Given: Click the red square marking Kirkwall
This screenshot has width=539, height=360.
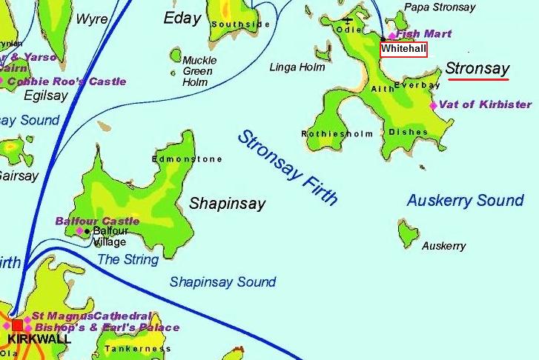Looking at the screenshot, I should click(17, 325).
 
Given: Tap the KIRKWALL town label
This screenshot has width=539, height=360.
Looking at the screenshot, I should click(39, 339).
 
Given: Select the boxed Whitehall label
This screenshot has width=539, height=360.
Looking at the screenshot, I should click(403, 49).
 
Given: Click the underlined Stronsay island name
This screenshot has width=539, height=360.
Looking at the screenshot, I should click(477, 69).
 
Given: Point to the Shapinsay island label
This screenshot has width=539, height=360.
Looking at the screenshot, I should click(227, 204).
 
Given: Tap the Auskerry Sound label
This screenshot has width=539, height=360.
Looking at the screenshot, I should click(465, 201).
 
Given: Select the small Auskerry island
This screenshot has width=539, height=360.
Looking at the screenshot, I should click(406, 233).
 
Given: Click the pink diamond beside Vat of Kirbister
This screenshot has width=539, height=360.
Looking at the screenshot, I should click(434, 105).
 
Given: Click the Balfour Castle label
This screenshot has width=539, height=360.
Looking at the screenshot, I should click(97, 221).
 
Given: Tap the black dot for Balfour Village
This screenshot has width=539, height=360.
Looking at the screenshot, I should click(87, 231).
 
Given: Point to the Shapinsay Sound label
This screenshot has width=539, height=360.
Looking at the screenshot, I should click(222, 281).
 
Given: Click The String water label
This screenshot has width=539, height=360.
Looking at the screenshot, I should click(128, 259).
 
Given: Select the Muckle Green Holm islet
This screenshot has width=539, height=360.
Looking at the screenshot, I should click(176, 56).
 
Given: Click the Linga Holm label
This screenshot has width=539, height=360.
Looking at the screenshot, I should click(297, 67).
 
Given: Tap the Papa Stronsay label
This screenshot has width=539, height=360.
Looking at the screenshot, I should click(440, 7).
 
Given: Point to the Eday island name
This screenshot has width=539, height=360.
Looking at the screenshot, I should click(182, 18).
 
